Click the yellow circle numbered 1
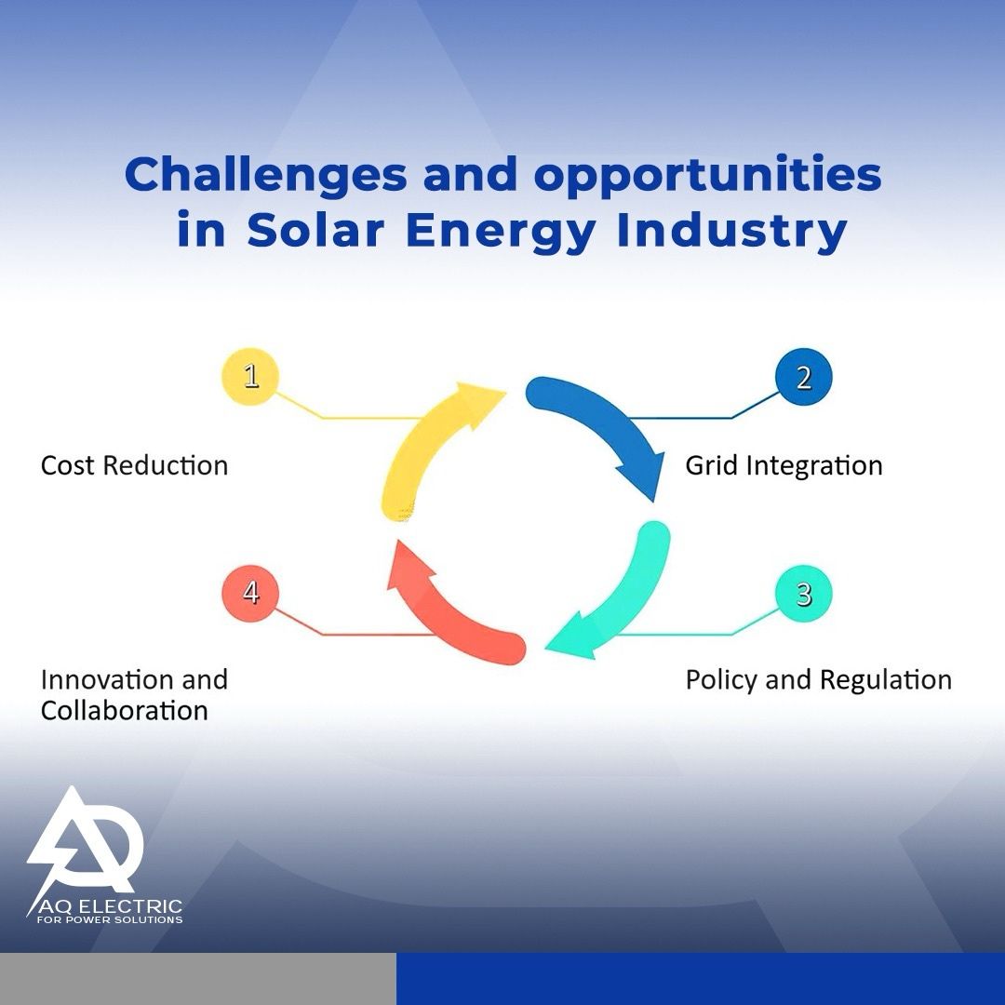250,376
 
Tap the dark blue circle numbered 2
803,377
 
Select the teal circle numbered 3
803,594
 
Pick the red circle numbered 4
250,593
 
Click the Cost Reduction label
134,465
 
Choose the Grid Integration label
784,466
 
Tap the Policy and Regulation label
819,680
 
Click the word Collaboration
125,710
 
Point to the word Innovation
106,679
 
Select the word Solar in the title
315,230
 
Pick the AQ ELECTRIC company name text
110,906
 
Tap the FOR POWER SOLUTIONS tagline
110,919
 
